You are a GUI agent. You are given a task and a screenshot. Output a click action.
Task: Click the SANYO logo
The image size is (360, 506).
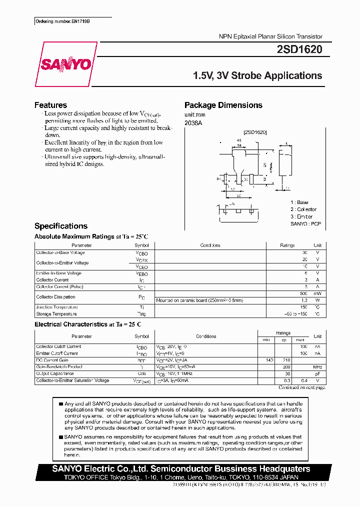(x=66, y=64)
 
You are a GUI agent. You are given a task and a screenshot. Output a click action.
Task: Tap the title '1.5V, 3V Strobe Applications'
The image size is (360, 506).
(x=257, y=76)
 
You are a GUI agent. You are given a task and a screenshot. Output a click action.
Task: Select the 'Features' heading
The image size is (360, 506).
(x=50, y=105)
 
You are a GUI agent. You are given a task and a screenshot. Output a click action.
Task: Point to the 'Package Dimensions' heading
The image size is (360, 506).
(x=223, y=105)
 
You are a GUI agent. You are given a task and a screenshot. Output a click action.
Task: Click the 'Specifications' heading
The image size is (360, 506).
(x=60, y=226)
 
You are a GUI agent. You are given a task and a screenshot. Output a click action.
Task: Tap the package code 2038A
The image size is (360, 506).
(x=193, y=122)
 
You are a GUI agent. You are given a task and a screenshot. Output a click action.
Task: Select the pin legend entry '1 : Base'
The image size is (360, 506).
(x=299, y=202)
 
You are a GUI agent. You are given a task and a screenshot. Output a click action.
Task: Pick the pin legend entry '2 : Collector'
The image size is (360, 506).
(x=303, y=209)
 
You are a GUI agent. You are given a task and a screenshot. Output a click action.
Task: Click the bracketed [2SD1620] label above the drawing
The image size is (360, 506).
(x=255, y=132)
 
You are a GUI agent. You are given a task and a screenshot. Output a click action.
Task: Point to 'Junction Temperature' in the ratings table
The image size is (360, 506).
(x=57, y=307)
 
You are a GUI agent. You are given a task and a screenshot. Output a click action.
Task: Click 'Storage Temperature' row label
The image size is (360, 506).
(x=56, y=314)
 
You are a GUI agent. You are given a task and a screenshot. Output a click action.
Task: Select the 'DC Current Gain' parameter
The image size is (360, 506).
(x=52, y=360)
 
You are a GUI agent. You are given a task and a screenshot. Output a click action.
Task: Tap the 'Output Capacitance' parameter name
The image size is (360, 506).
(x=55, y=373)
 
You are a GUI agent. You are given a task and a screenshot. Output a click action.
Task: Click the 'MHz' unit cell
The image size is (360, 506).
(x=317, y=366)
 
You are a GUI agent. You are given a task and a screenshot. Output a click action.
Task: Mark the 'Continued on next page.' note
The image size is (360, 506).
(x=301, y=387)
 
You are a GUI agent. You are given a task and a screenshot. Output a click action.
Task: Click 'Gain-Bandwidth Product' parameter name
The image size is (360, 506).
(x=59, y=366)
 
